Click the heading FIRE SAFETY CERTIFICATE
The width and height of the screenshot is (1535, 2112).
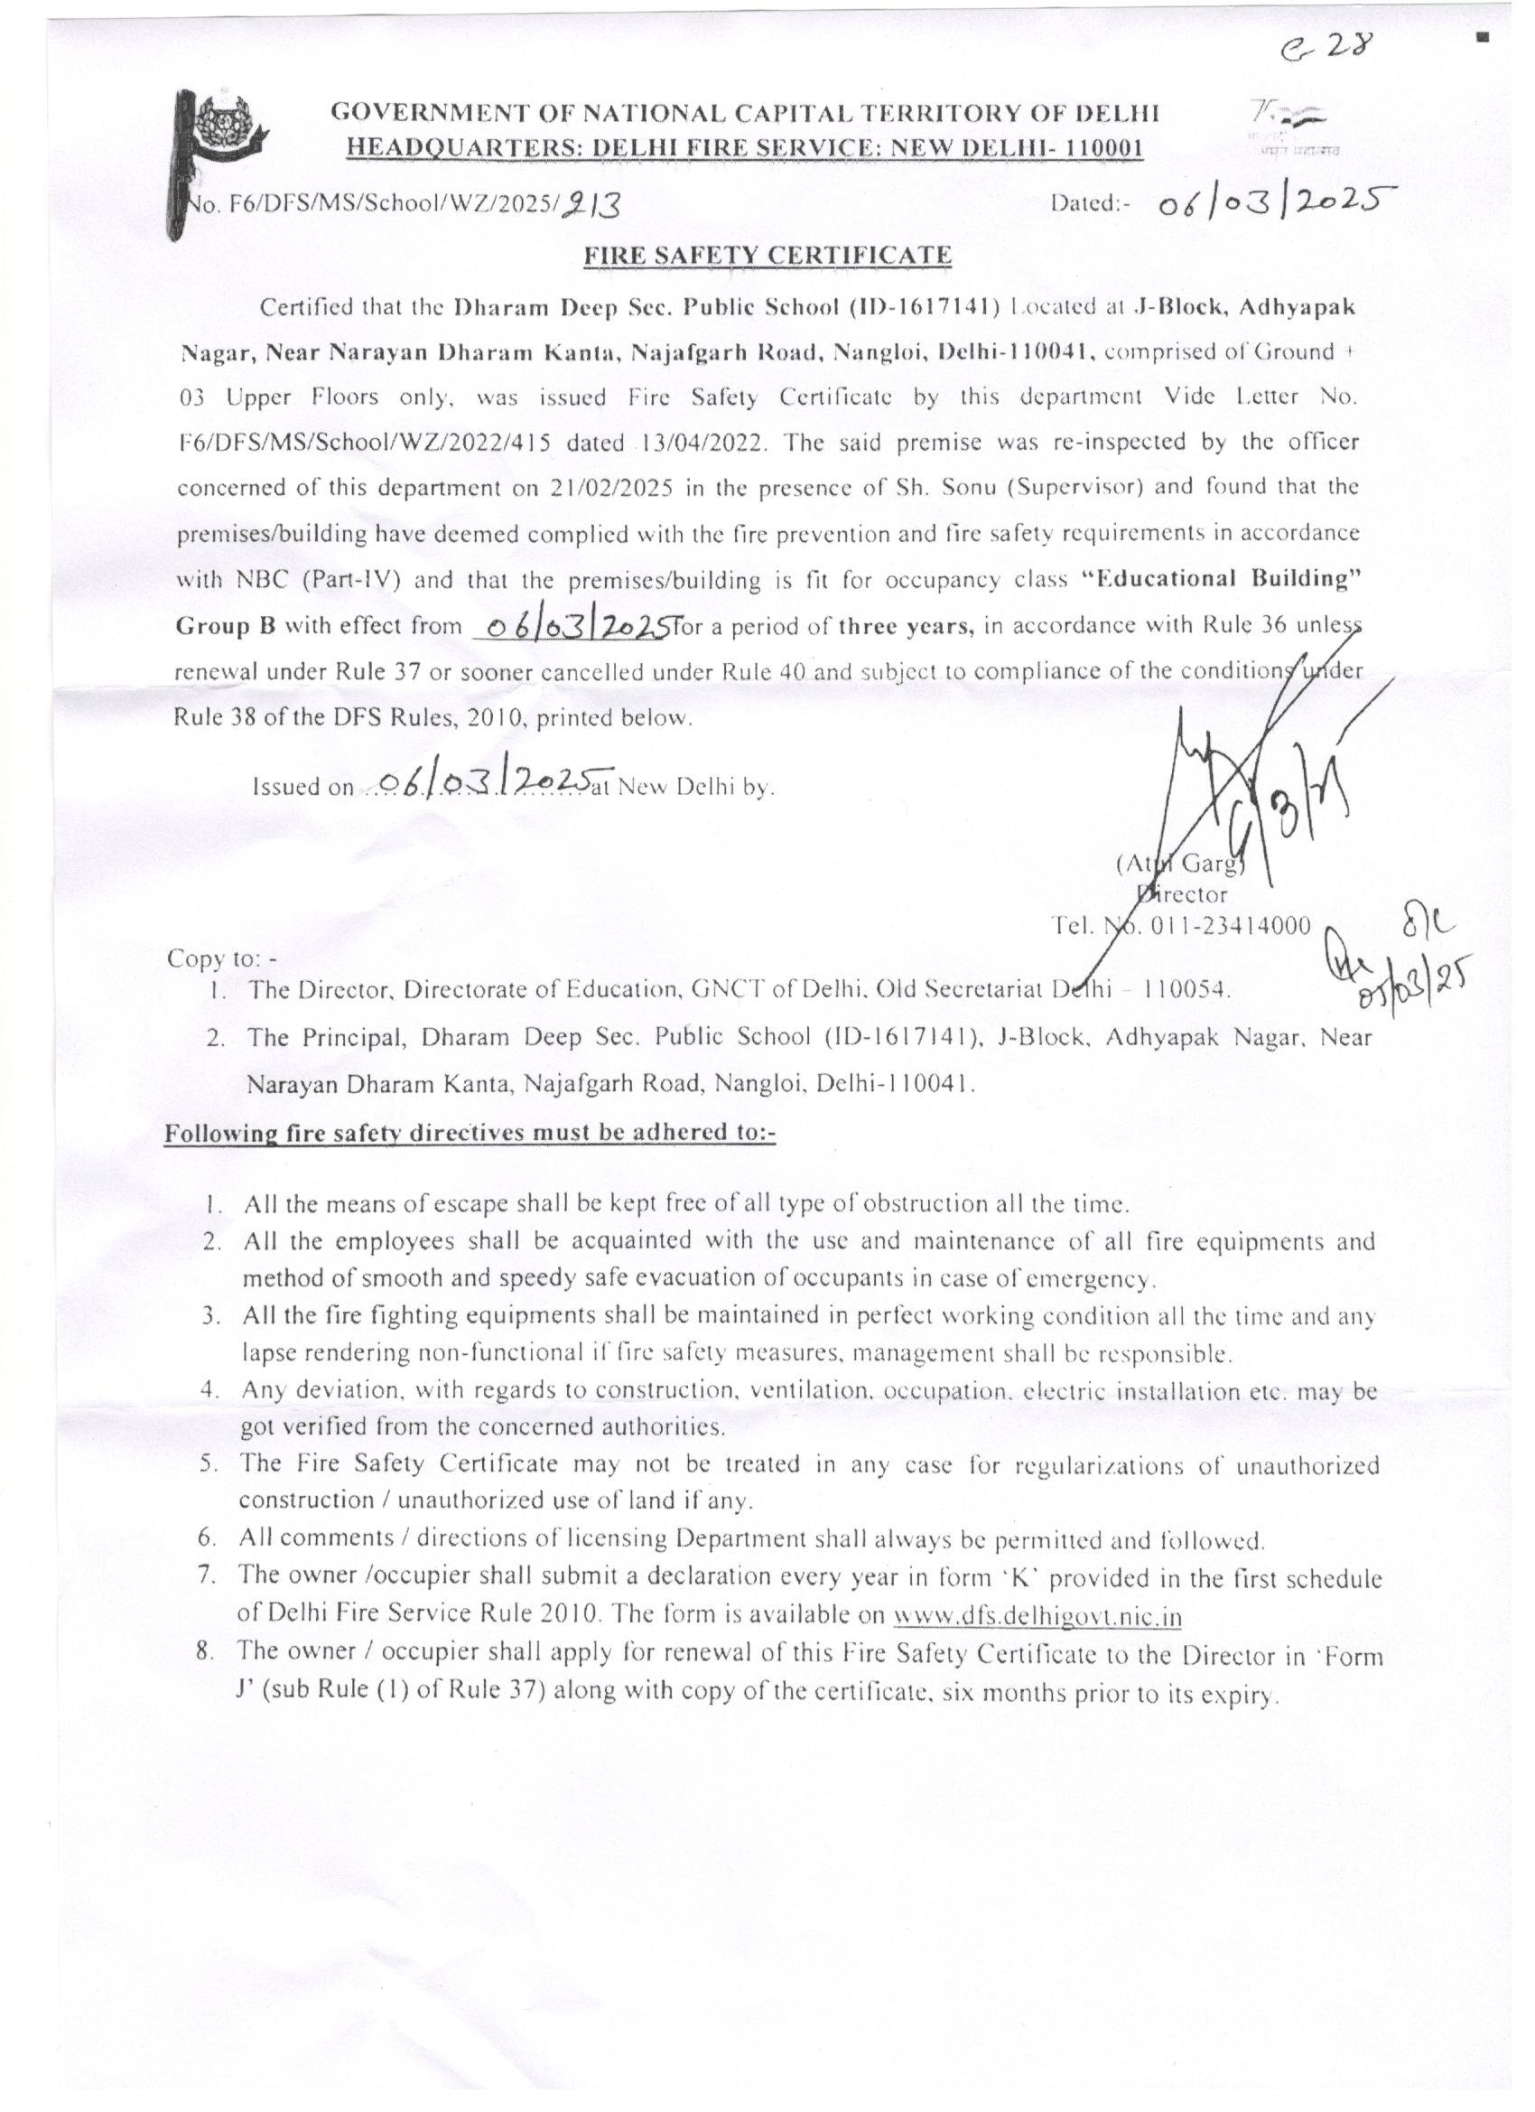(x=766, y=255)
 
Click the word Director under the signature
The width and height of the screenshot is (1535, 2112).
(x=1183, y=895)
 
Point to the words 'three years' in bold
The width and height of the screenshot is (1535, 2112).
(x=906, y=626)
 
